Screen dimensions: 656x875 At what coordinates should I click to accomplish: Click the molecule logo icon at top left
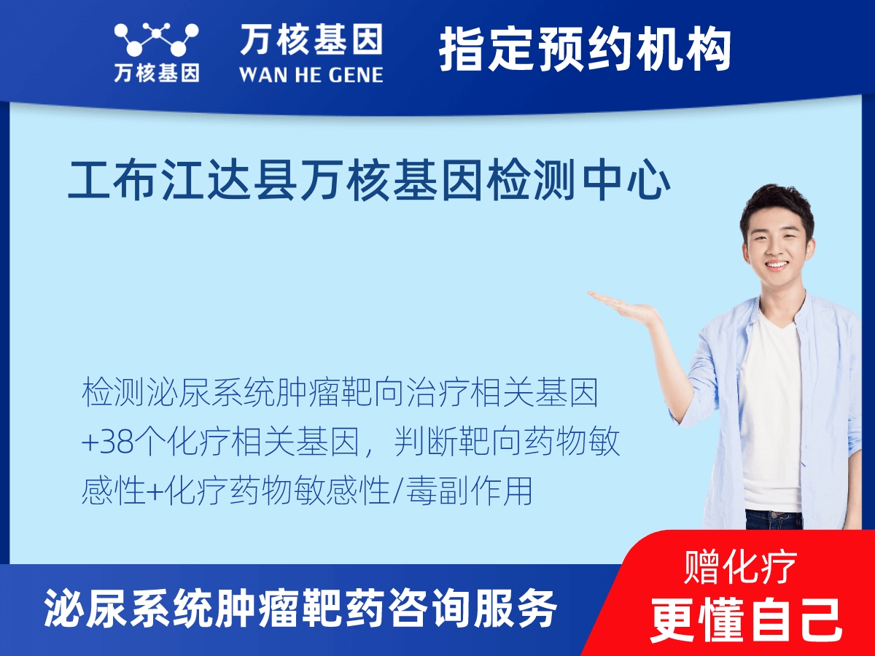click(x=156, y=41)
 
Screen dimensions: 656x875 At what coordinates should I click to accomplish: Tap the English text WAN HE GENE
click(x=311, y=74)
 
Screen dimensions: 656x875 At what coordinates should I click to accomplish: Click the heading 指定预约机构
click(x=585, y=50)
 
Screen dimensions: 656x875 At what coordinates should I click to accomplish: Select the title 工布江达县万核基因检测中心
click(x=369, y=183)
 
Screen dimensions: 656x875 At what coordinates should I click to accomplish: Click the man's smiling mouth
click(x=776, y=265)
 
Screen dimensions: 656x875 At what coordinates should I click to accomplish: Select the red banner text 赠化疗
click(x=740, y=567)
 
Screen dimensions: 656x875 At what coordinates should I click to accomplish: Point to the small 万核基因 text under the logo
click(x=156, y=74)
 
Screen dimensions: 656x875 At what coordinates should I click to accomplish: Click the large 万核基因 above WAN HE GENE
click(x=311, y=40)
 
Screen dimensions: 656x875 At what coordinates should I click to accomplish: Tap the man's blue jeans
click(x=773, y=519)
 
